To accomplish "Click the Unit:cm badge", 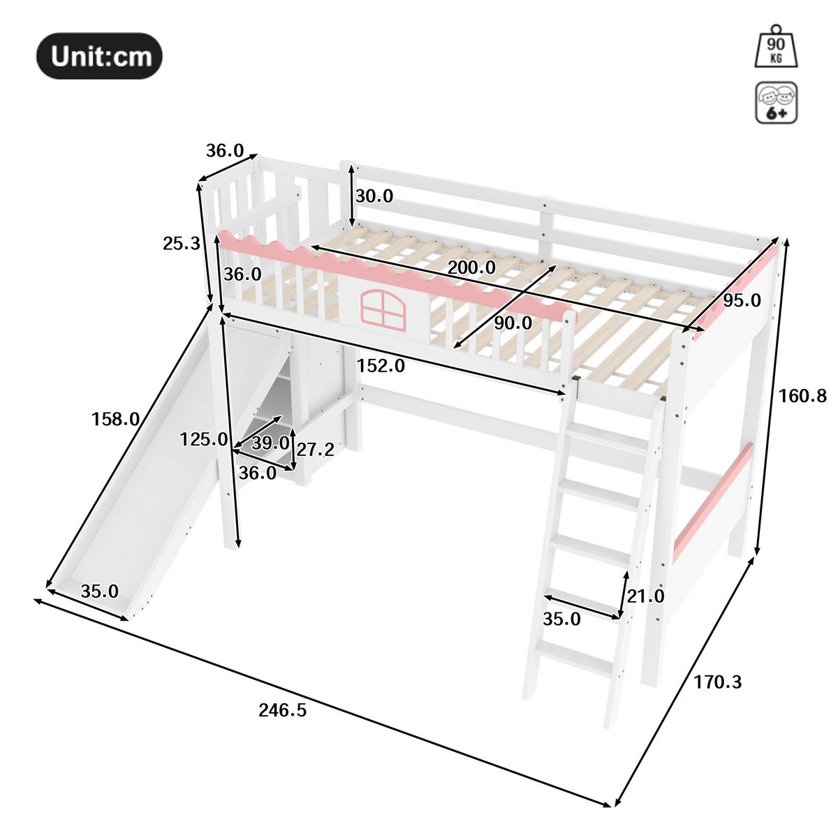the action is tap(99, 56).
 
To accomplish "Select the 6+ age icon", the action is tap(777, 102).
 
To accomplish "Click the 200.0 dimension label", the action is tap(471, 267).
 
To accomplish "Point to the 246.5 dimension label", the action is tap(283, 710).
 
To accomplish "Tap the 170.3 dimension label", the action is tap(718, 682).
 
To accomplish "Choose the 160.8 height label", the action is tap(802, 396).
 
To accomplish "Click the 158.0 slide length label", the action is tap(115, 419).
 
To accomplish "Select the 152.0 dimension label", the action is tap(381, 366).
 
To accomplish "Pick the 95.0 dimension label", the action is tap(742, 300).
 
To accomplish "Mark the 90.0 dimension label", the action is tap(513, 323).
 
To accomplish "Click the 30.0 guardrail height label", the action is tap(374, 196).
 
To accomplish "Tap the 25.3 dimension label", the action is tap(182, 244).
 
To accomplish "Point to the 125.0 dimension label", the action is tap(203, 440).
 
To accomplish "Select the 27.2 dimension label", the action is tap(315, 449).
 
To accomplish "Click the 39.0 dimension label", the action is tap(270, 443).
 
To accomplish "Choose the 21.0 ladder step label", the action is tap(645, 596).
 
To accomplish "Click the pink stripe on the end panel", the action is tap(713, 503).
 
